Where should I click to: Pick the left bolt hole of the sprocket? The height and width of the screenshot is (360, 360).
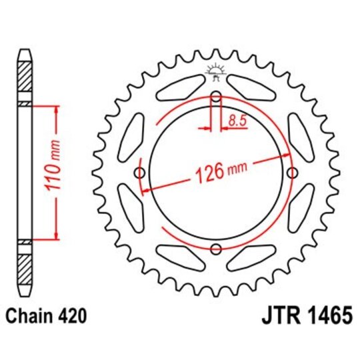pos(139,173)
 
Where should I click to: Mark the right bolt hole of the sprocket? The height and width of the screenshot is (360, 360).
pos(291,173)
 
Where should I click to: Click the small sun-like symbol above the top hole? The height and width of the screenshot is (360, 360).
pos(215,69)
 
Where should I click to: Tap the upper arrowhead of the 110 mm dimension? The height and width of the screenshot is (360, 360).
pos(57,109)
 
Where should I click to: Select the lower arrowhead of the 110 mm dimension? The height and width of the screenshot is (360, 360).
pos(57,235)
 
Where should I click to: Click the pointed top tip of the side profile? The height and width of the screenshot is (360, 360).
pos(24,50)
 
